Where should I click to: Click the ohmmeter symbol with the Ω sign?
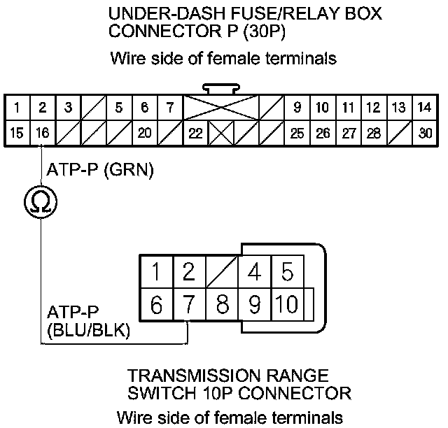41,201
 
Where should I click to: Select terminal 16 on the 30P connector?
43,133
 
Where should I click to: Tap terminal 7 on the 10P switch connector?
189,304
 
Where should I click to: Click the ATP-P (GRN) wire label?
100,170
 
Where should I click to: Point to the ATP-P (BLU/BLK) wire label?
88,322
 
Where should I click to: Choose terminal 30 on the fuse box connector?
425,133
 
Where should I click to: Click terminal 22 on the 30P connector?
196,133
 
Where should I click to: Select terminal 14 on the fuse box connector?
425,108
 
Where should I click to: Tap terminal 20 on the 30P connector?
145,133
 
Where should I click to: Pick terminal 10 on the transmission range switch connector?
287,304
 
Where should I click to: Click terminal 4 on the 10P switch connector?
254,271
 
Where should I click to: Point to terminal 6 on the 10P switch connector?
156,304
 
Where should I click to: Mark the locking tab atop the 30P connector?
221,89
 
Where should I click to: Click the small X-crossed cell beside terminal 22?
221,133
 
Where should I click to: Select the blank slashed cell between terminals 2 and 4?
222,271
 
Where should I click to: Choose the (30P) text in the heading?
265,31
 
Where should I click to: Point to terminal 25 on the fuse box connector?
297,133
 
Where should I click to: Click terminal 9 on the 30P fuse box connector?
297,108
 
